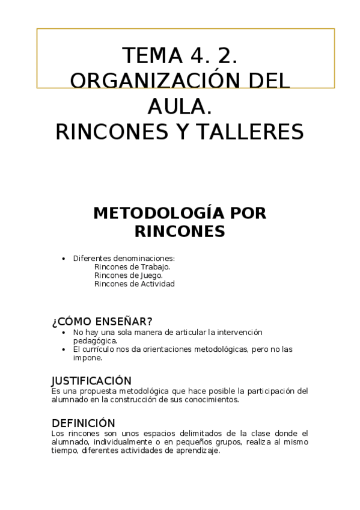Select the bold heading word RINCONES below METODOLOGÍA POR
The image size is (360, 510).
click(x=179, y=231)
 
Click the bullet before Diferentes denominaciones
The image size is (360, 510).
click(x=64, y=259)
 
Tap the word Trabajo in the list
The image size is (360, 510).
click(x=154, y=266)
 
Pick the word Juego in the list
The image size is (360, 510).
click(x=150, y=275)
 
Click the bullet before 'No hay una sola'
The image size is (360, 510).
click(x=64, y=332)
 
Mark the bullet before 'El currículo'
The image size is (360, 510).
click(x=64, y=349)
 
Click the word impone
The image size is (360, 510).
click(x=87, y=357)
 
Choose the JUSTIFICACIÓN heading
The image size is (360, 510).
click(x=91, y=381)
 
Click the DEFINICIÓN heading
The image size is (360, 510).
click(x=83, y=423)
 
